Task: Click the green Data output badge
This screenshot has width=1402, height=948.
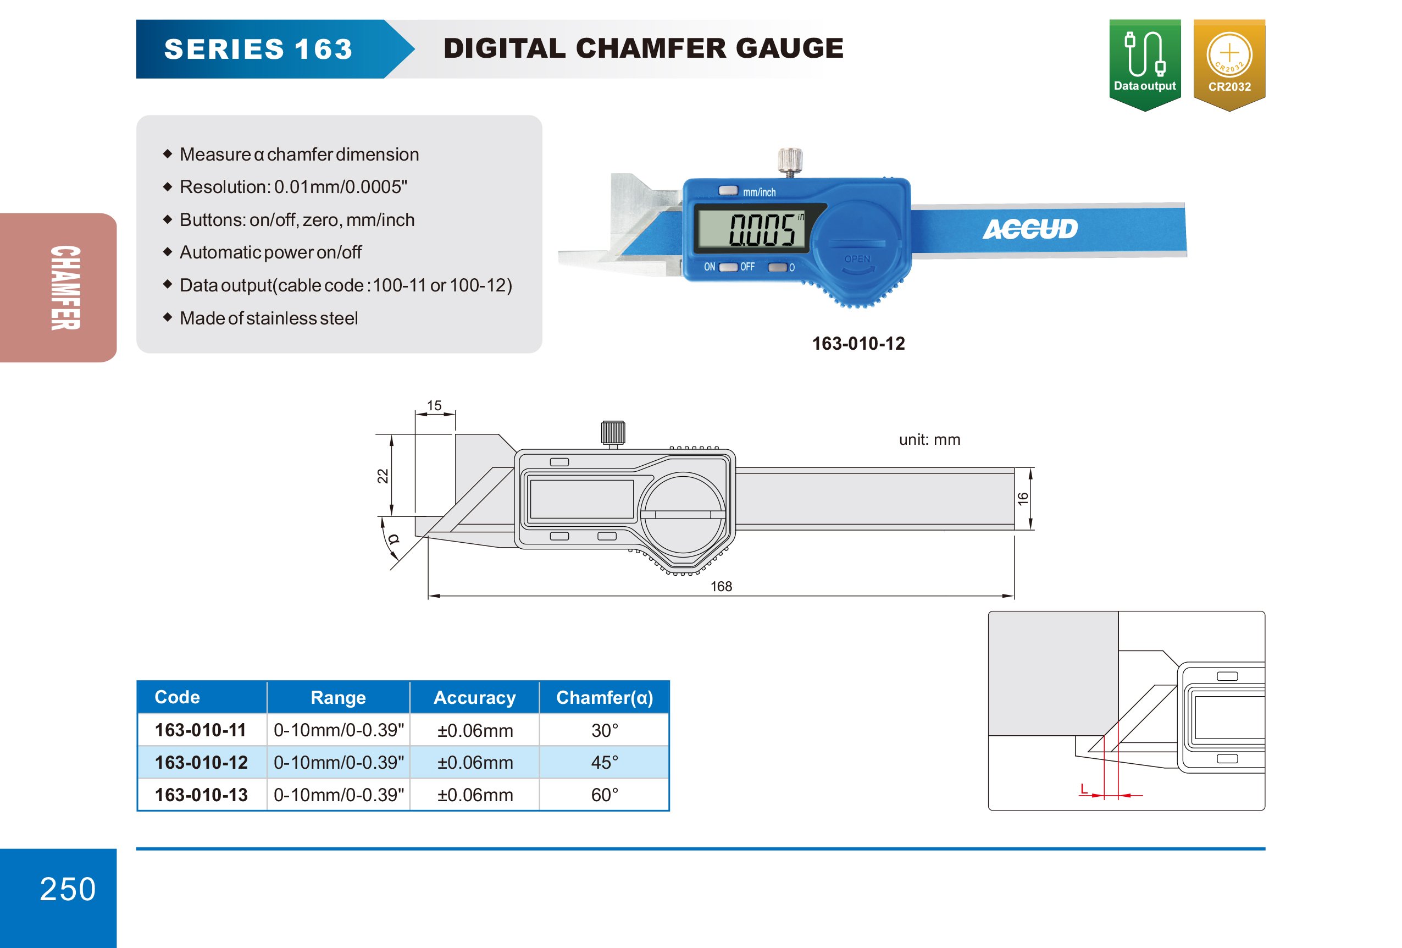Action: (1144, 64)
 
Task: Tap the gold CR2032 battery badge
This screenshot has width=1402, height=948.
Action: (1229, 64)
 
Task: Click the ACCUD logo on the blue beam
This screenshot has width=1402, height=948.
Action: (1030, 229)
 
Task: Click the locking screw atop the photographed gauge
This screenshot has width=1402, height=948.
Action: (790, 161)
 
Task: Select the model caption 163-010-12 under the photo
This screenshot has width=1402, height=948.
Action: (858, 343)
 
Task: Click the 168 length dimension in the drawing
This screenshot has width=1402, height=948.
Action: (721, 586)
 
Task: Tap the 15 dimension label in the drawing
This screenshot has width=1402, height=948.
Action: (434, 405)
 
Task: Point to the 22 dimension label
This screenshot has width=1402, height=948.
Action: (383, 476)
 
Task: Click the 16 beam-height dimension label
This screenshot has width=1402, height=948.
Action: (1023, 498)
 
